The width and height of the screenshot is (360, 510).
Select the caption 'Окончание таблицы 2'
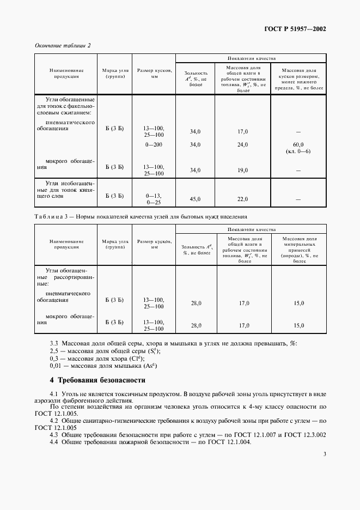pos(63,45)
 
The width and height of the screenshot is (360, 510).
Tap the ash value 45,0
pos(195,199)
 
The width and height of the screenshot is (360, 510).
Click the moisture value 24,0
pos(243,144)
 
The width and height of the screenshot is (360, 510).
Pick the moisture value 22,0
pos(243,199)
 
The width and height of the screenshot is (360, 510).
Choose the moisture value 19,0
pos(243,170)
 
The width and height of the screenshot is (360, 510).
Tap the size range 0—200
pos(154,144)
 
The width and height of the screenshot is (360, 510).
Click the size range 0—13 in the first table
pos(154,195)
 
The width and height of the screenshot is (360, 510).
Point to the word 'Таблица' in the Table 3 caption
pos(49,216)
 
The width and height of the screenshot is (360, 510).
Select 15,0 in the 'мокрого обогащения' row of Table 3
pos(299,325)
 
